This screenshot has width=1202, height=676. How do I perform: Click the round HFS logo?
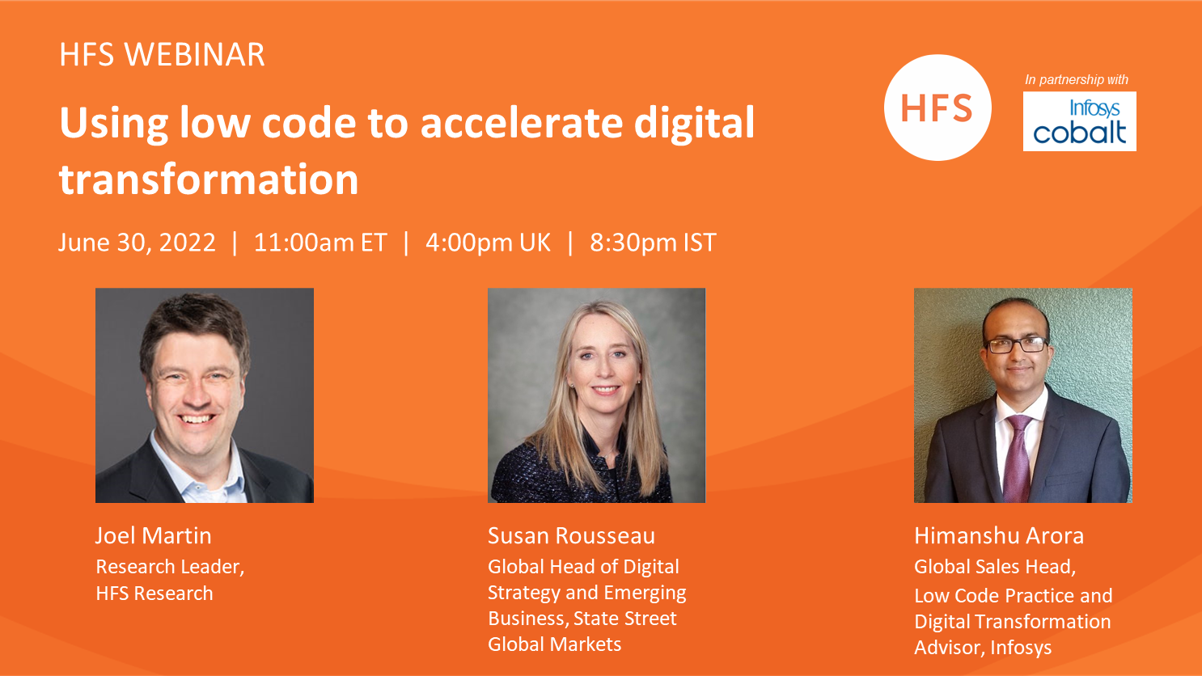tap(937, 108)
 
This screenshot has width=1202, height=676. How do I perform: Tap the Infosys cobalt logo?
tap(1080, 121)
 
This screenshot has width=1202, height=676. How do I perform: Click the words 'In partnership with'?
tap(1077, 79)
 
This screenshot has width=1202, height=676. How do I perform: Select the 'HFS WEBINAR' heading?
tap(162, 54)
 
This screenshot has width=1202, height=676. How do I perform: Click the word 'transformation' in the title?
tap(209, 179)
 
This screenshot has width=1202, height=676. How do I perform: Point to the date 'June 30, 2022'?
tap(137, 243)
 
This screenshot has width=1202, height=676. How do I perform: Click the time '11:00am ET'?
tap(320, 243)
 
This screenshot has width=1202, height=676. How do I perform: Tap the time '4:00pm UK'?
tap(488, 243)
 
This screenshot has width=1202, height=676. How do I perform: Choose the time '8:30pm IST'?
tap(653, 243)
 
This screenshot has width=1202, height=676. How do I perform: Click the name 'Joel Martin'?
tap(154, 536)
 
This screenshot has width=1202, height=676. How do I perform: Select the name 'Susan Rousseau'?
tap(572, 536)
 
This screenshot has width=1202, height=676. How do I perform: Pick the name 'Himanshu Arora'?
tap(999, 536)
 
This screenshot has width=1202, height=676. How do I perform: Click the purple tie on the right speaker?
tap(1018, 457)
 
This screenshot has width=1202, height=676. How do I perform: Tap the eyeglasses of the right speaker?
tap(1016, 344)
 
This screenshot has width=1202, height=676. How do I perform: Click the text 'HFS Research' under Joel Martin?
tap(154, 594)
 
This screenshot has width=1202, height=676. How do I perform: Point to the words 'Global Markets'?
tap(554, 644)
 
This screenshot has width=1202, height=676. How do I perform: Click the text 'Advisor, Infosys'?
tap(983, 648)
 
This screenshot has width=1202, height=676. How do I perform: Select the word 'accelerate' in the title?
tap(522, 123)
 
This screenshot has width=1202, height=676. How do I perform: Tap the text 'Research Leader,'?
tap(170, 567)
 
